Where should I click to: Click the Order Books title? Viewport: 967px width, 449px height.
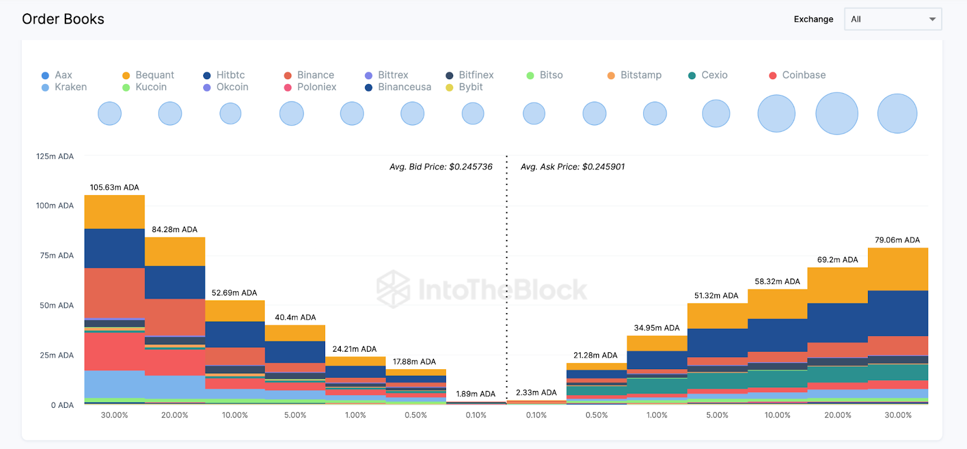coord(63,19)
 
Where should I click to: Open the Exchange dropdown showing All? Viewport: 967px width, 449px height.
coord(892,19)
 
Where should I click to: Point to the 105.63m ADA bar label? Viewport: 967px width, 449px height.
coord(114,187)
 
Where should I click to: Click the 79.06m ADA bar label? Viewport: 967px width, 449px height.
coord(897,240)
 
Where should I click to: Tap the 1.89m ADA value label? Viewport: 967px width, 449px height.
coord(476,394)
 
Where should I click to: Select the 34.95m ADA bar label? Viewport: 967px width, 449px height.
coord(656,328)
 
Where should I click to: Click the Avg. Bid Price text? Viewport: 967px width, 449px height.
coord(441,167)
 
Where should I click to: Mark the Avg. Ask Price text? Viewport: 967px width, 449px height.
coord(572,167)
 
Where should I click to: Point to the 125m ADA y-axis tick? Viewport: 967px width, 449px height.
coord(55,157)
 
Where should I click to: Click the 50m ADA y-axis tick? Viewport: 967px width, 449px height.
coord(57,306)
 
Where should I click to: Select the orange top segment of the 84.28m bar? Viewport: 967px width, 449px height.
coord(175,251)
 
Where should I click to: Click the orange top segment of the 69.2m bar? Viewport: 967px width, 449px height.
coord(837,285)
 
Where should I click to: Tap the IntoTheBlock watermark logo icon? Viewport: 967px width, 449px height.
coord(393,289)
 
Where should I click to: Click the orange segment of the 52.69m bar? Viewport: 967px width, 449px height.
coord(235,311)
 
